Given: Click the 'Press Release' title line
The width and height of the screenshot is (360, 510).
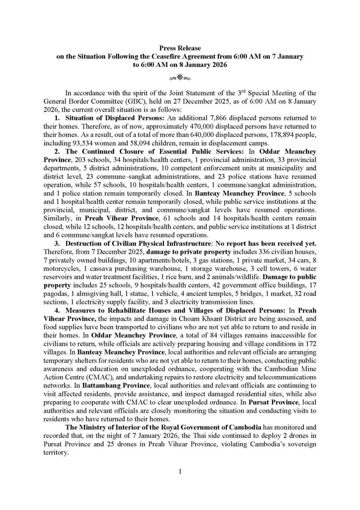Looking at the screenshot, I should [x=180, y=48].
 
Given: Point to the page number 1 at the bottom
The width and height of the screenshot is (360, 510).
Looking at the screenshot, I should [x=180, y=472].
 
